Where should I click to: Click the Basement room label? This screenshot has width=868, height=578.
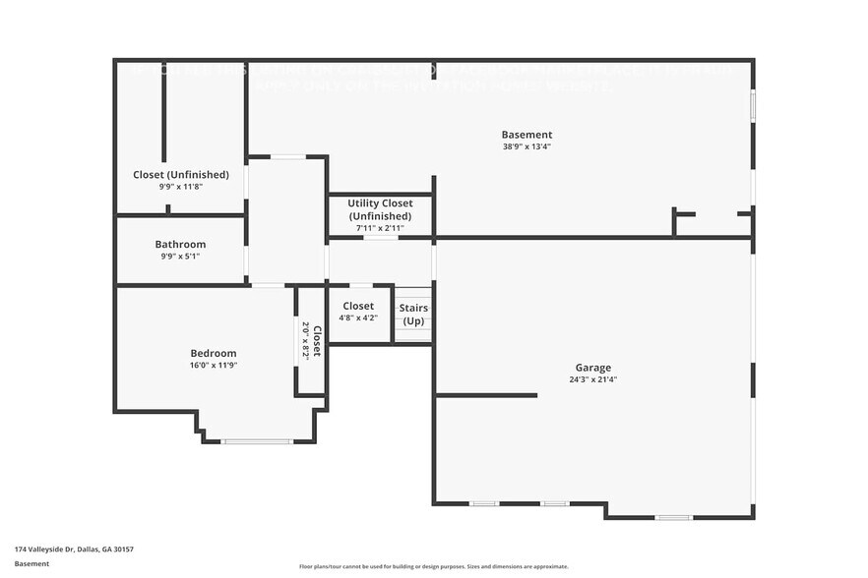527,135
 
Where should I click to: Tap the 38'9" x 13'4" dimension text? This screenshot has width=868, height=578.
527,147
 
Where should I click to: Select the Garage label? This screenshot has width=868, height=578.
593,367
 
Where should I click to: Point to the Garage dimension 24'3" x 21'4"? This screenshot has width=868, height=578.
593,379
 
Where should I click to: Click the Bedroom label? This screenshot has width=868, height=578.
213,353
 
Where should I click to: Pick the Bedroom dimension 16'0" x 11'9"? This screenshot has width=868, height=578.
213,366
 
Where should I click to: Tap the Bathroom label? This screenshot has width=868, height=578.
180,244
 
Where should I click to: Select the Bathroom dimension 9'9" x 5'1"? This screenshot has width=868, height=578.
180,257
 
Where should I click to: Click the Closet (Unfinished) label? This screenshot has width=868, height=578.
181,174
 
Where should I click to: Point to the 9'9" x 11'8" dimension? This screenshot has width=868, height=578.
181,187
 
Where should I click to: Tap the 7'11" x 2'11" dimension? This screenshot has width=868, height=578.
380,228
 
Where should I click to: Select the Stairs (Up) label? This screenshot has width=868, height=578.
413,315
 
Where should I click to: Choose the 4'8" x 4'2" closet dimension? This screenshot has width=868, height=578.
358,318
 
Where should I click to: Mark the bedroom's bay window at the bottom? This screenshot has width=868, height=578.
257,441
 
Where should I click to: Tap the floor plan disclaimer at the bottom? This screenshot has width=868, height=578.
433,566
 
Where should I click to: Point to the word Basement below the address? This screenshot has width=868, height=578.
31,563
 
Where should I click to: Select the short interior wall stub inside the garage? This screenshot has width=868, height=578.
486,395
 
